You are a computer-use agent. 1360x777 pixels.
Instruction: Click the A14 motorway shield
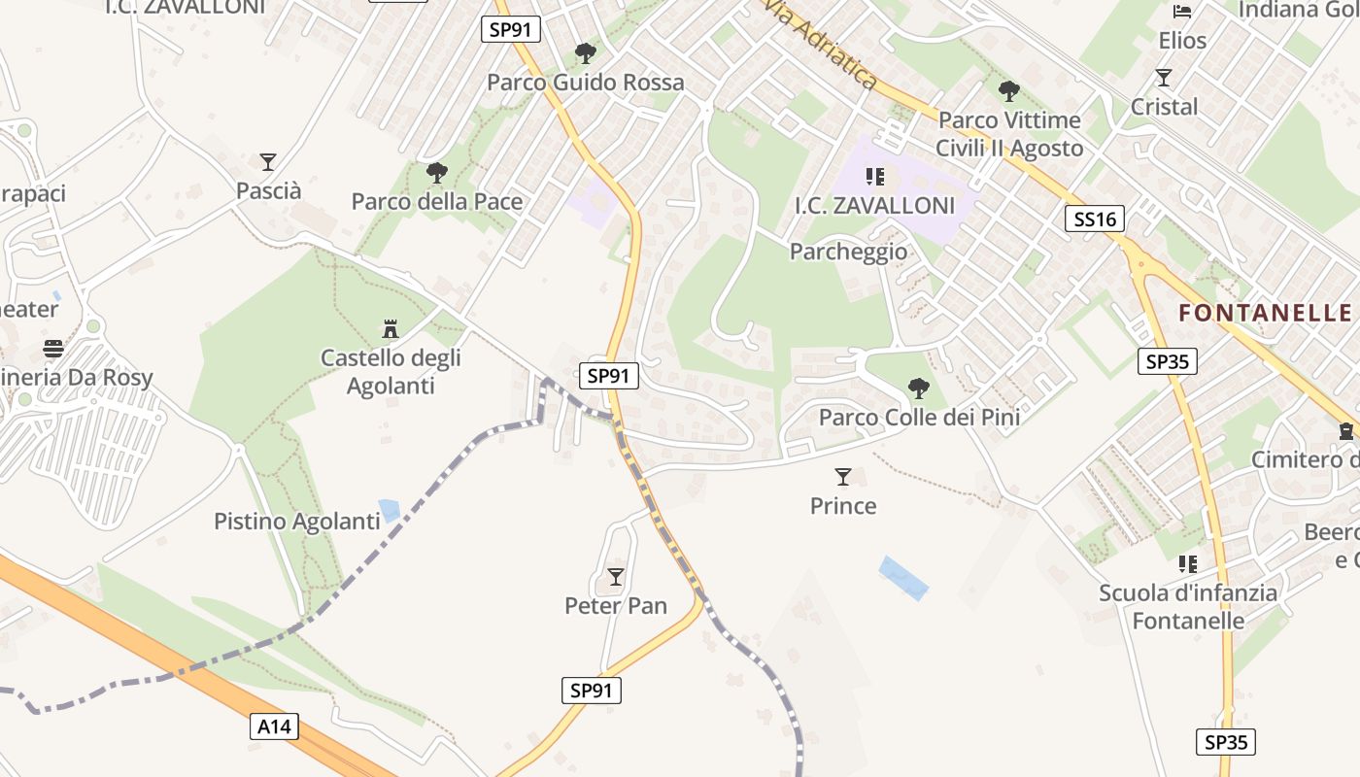[x=274, y=726]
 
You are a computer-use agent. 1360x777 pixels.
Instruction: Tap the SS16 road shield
[x=1095, y=219]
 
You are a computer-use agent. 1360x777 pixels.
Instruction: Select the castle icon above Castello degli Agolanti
[x=391, y=329]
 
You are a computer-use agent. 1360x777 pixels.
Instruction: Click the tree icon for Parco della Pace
[x=437, y=173]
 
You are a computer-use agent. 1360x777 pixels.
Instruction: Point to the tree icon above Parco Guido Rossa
[x=585, y=53]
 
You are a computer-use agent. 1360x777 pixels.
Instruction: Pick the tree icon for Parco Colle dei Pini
[x=918, y=388]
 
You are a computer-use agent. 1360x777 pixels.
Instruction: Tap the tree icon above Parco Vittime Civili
[x=1009, y=91]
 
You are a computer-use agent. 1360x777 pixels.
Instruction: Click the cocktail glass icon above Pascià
[x=268, y=162]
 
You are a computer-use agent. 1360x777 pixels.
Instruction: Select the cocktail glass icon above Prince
[x=843, y=477]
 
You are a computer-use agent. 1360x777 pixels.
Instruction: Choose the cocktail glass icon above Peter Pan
[x=615, y=577]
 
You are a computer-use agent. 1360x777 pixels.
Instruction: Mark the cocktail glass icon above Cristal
[x=1164, y=78]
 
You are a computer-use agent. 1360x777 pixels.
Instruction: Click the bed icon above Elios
[x=1182, y=12]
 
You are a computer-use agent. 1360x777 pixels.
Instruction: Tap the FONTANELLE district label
[x=1265, y=312]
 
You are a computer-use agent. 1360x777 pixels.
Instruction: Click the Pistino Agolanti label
[x=296, y=522]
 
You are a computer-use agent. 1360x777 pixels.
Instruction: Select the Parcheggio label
[x=848, y=252]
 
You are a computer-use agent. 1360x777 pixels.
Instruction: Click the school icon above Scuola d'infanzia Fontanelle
[x=1187, y=563]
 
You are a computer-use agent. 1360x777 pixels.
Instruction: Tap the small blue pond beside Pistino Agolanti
[x=390, y=510]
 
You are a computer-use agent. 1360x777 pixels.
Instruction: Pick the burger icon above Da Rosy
[x=53, y=349]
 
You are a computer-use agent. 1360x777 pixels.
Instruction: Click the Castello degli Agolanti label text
[x=391, y=372]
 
